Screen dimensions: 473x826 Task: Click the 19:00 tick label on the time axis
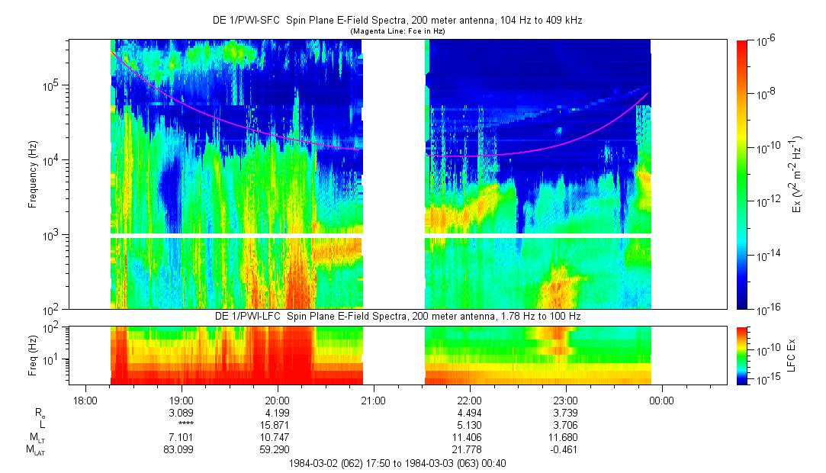pyautogui.click(x=181, y=401)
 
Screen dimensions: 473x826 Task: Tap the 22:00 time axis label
pyautogui.click(x=469, y=401)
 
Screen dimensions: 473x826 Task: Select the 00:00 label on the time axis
pyautogui.click(x=661, y=401)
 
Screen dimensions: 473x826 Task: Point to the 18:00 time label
pyautogui.click(x=85, y=401)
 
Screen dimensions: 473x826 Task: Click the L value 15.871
pyautogui.click(x=277, y=425)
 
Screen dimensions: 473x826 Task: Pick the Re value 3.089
pyautogui.click(x=181, y=413)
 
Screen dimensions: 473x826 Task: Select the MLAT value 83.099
pyautogui.click(x=181, y=449)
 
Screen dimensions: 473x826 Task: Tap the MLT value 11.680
pyautogui.click(x=565, y=437)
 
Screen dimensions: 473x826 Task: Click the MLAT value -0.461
pyautogui.click(x=565, y=449)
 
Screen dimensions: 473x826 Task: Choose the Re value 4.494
pyautogui.click(x=469, y=413)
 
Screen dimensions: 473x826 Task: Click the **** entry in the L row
pyautogui.click(x=181, y=425)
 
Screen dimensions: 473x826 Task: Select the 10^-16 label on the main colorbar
pyautogui.click(x=766, y=309)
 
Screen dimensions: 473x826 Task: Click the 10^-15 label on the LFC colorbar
pyautogui.click(x=765, y=380)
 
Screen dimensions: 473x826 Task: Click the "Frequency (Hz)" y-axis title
pyautogui.click(x=33, y=175)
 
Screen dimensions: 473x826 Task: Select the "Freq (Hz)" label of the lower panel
pyautogui.click(x=33, y=356)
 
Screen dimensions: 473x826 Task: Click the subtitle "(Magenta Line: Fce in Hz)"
pyautogui.click(x=397, y=31)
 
